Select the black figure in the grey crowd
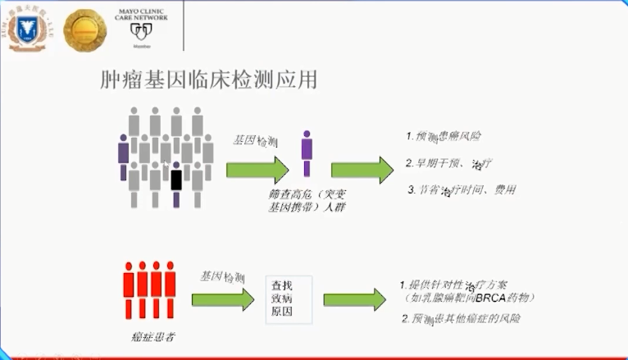pyautogui.click(x=175, y=177)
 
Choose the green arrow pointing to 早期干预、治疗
pyautogui.click(x=362, y=169)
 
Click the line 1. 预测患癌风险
pyautogui.click(x=446, y=135)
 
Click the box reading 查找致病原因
pyautogui.click(x=281, y=299)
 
